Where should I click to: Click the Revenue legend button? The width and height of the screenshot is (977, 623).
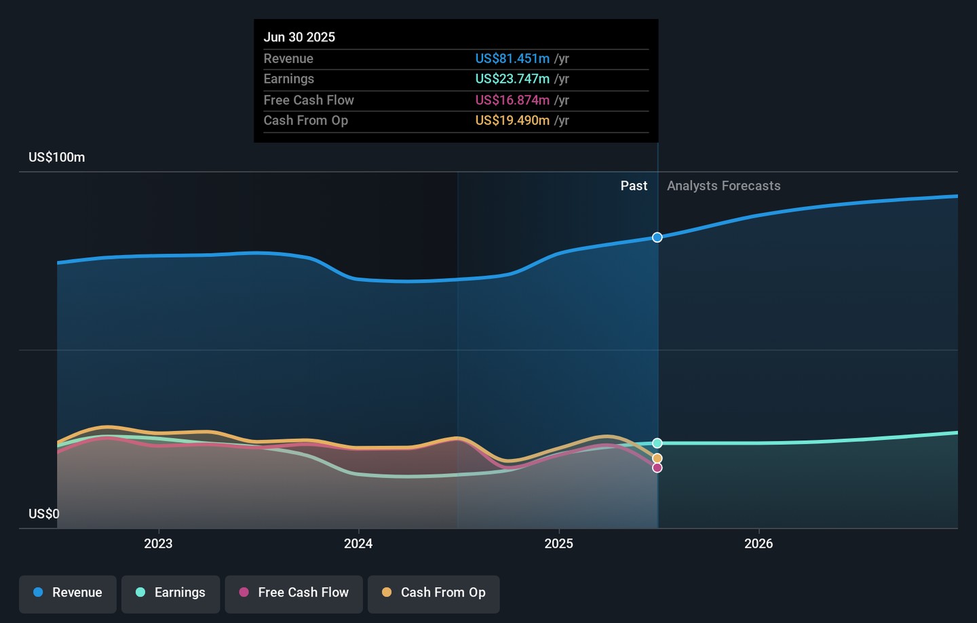(68, 593)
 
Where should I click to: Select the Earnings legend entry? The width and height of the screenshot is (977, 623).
(170, 593)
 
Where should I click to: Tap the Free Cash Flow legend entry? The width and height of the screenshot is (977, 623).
(294, 593)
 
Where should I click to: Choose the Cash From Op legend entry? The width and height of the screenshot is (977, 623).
(434, 593)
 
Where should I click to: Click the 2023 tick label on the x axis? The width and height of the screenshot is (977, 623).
(158, 544)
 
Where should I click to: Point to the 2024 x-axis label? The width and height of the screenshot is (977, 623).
(358, 544)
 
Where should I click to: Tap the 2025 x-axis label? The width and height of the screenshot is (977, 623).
(558, 544)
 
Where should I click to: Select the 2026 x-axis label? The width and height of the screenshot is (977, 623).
(758, 544)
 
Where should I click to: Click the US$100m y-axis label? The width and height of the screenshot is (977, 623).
(57, 157)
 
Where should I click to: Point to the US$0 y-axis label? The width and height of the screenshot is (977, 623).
(44, 514)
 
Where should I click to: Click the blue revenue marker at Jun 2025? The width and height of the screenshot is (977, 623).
(657, 237)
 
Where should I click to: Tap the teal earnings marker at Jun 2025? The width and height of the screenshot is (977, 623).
(657, 443)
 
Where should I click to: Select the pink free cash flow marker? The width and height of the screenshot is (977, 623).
(657, 468)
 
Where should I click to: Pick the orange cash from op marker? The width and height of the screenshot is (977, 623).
(657, 458)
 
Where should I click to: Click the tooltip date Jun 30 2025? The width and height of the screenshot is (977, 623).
(299, 37)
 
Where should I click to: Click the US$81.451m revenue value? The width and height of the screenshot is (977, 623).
(512, 59)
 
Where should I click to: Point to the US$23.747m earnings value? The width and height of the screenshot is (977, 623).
(512, 79)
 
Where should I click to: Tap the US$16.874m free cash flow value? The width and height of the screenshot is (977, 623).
(512, 100)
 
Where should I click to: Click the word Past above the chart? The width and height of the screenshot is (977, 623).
(634, 186)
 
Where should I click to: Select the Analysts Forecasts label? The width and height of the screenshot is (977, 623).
(723, 186)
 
